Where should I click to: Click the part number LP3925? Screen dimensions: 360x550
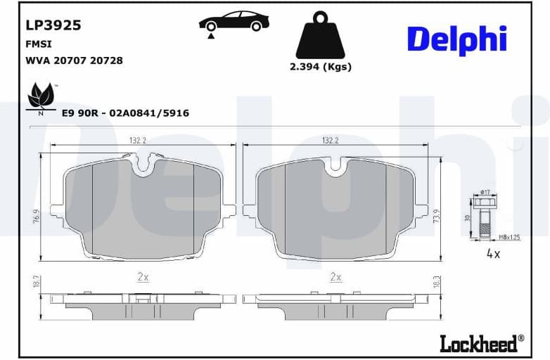tap(53, 25)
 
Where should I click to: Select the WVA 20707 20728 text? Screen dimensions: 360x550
tap(74, 60)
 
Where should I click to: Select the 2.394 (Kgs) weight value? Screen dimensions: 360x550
tap(320, 67)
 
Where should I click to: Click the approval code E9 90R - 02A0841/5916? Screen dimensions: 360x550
tap(125, 112)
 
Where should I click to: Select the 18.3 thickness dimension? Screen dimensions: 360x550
tap(436, 282)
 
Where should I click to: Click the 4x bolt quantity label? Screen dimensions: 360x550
tap(493, 254)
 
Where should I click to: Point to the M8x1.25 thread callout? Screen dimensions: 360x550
tap(509, 238)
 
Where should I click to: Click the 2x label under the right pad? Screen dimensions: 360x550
tap(335, 277)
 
